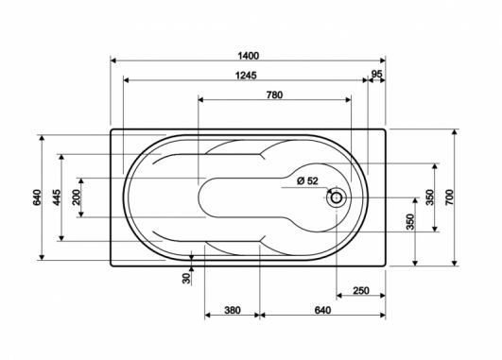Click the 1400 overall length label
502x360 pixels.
249,56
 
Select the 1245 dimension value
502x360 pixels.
246,76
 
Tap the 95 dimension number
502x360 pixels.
377,74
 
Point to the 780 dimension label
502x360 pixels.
275,95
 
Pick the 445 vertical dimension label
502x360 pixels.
57,197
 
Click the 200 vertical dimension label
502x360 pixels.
77,197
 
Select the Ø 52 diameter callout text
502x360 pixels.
307,181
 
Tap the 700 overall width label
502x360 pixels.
449,197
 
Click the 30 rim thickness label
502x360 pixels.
186,279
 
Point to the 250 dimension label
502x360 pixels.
361,291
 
